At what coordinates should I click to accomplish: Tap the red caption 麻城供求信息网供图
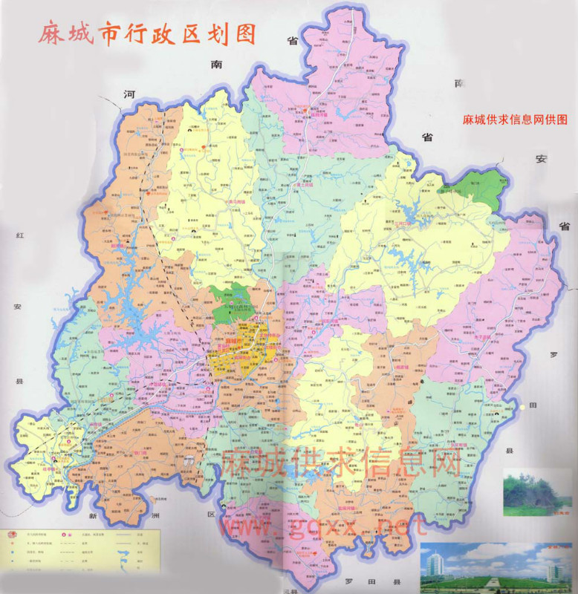point(515,119)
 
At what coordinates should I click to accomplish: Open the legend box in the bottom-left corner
point(80,549)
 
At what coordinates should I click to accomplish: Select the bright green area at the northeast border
point(481,187)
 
